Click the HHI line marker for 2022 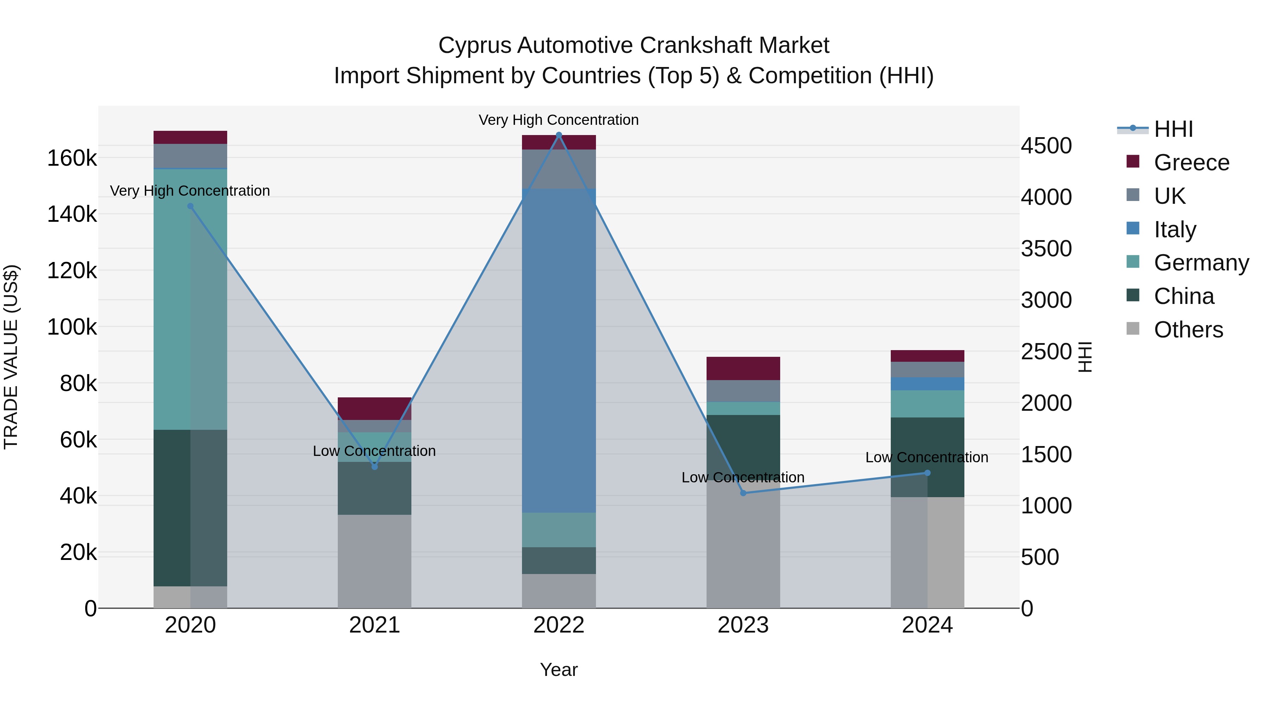[x=559, y=135]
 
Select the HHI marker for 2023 [x=743, y=493]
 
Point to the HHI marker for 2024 [x=927, y=473]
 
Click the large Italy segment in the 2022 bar [x=559, y=350]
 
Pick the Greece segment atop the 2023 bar [x=743, y=368]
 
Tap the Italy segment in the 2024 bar [x=927, y=384]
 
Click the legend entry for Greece [x=1191, y=163]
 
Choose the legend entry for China [x=1183, y=296]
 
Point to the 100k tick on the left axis [x=72, y=327]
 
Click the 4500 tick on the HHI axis [x=1046, y=146]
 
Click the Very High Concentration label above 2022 [x=559, y=120]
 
